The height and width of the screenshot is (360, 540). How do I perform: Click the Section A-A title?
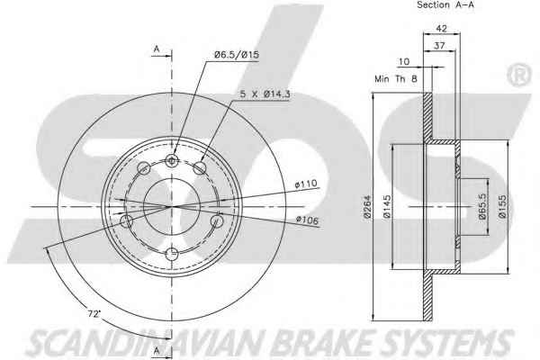click(445, 4)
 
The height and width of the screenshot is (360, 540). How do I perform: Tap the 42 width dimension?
click(441, 28)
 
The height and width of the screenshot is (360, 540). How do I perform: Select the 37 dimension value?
click(439, 45)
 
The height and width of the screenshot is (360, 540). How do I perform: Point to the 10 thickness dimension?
click(404, 62)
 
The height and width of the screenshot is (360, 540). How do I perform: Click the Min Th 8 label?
click(396, 79)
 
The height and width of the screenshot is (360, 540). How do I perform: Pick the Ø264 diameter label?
click(368, 207)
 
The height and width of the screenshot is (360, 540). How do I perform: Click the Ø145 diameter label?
click(387, 207)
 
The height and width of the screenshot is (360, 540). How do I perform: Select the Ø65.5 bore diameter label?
click(481, 206)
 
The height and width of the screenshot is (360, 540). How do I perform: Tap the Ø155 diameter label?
click(502, 207)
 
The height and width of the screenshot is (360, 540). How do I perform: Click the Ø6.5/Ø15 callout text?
click(237, 54)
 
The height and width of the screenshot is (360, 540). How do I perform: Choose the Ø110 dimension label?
click(306, 184)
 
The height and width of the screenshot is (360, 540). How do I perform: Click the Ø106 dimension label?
click(307, 220)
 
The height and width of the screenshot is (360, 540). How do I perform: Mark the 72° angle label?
click(94, 313)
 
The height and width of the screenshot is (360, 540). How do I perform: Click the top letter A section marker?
click(157, 49)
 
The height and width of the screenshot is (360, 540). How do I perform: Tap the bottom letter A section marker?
click(157, 350)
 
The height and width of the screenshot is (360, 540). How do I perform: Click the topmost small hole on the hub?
click(172, 160)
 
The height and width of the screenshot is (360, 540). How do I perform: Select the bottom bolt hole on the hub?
click(172, 254)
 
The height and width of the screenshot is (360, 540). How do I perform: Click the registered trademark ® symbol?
click(518, 75)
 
